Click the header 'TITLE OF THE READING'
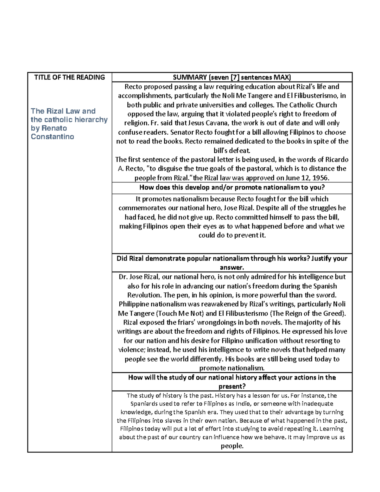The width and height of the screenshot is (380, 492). point(69,77)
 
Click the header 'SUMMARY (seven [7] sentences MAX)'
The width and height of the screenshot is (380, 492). point(232,77)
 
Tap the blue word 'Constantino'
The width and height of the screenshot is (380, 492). point(52,137)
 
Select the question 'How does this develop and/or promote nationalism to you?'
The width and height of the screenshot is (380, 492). point(232,187)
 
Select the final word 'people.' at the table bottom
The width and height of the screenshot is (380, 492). point(232,446)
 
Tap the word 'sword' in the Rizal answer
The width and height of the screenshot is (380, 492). point(326,295)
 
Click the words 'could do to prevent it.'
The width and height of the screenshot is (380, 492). point(232,235)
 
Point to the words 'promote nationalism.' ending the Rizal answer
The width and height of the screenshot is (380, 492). point(232,368)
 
